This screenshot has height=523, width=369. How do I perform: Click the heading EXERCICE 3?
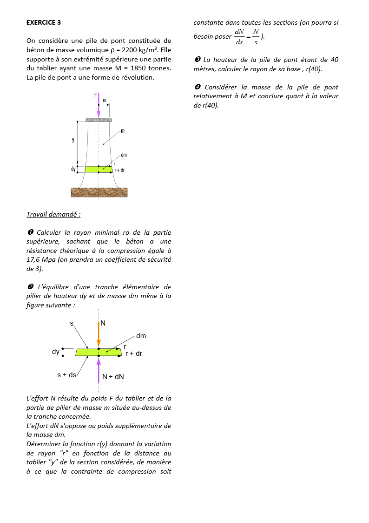click(44, 22)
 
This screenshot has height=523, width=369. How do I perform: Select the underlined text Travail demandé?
click(53, 214)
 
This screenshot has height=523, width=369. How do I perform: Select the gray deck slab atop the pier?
click(99, 120)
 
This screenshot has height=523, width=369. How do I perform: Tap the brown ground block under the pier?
click(99, 192)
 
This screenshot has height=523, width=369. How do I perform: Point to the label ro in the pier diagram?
click(105, 100)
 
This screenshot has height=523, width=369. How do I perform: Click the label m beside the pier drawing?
click(123, 131)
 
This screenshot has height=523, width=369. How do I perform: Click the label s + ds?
click(66, 375)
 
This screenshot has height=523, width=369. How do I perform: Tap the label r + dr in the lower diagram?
click(134, 353)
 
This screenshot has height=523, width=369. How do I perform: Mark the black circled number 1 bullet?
click(30, 232)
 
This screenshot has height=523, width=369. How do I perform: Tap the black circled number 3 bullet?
click(197, 60)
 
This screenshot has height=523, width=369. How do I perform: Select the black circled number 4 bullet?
click(197, 87)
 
